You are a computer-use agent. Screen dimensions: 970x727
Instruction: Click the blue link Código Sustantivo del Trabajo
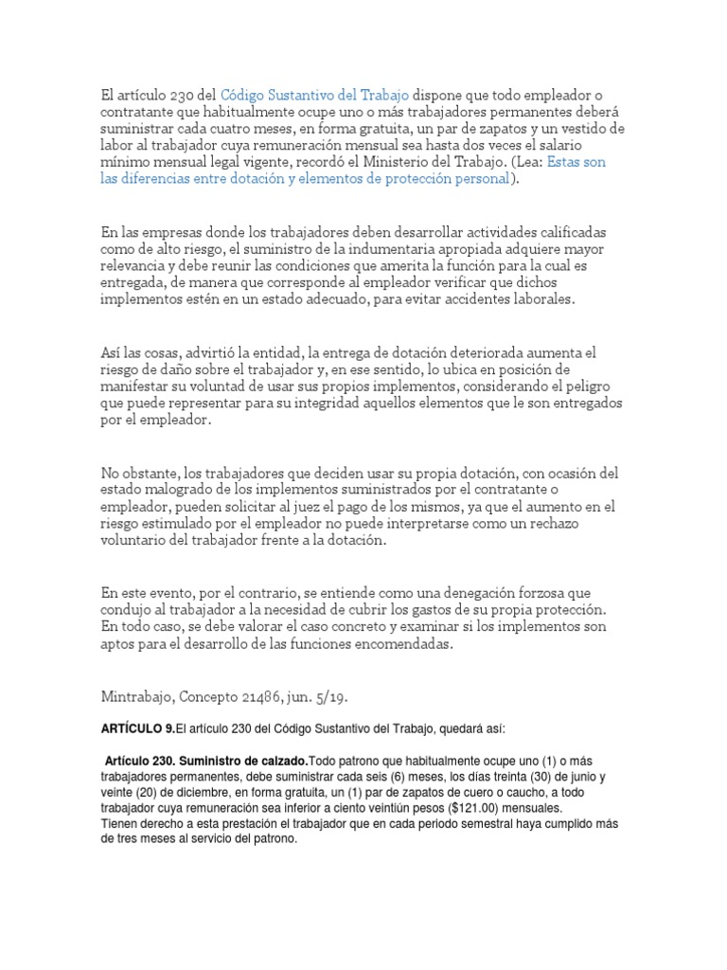click(314, 95)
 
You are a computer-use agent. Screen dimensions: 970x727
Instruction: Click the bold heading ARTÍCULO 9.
click(138, 702)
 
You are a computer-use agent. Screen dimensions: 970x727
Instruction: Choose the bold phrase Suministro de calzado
click(243, 762)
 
